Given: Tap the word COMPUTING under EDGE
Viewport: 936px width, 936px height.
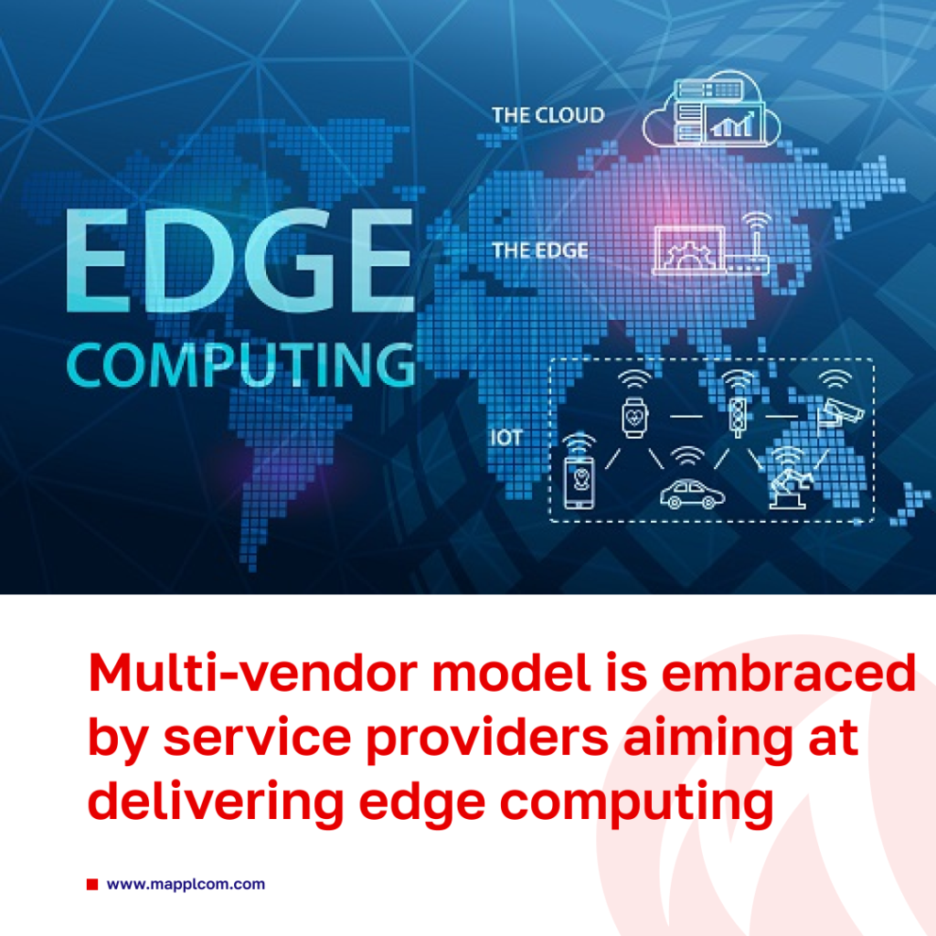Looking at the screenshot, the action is coord(241,365).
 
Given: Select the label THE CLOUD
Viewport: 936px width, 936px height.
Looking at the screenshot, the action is coord(548,115).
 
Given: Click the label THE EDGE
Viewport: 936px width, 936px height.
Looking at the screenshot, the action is coord(539,250).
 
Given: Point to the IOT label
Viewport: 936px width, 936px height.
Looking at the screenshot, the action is coord(506,438).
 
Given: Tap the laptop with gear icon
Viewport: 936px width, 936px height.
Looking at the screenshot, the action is coord(688,250).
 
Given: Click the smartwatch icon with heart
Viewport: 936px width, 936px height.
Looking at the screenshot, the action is coord(634,405).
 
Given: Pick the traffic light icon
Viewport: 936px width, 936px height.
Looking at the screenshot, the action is coord(738,404).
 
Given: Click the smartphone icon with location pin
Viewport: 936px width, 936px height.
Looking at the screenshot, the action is coord(579,473).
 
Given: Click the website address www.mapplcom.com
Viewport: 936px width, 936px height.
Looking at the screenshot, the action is coord(186,884).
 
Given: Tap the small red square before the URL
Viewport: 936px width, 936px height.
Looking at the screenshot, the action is coord(92,884).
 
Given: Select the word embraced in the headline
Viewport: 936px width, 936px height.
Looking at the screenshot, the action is coord(788,672).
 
